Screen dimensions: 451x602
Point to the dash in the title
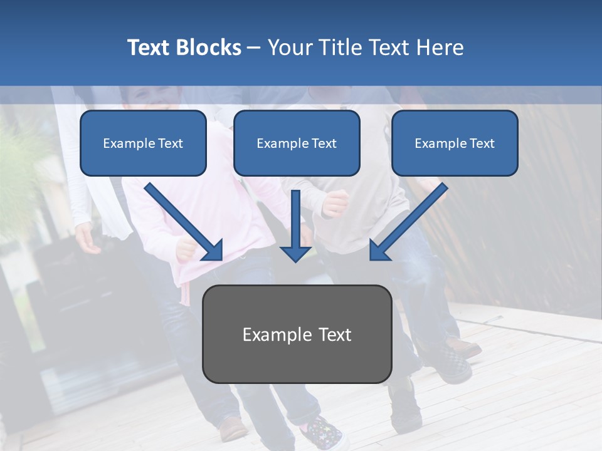[254, 48]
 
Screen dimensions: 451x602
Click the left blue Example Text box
[143, 143]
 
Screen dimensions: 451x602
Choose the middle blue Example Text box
[297, 143]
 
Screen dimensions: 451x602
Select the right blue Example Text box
[455, 143]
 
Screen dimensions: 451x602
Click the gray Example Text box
[297, 334]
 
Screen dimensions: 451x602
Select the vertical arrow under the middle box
[296, 225]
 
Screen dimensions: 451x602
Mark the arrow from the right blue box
[408, 222]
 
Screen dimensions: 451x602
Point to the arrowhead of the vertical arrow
[296, 253]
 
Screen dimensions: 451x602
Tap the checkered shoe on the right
[455, 364]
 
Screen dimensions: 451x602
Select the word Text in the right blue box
[482, 143]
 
